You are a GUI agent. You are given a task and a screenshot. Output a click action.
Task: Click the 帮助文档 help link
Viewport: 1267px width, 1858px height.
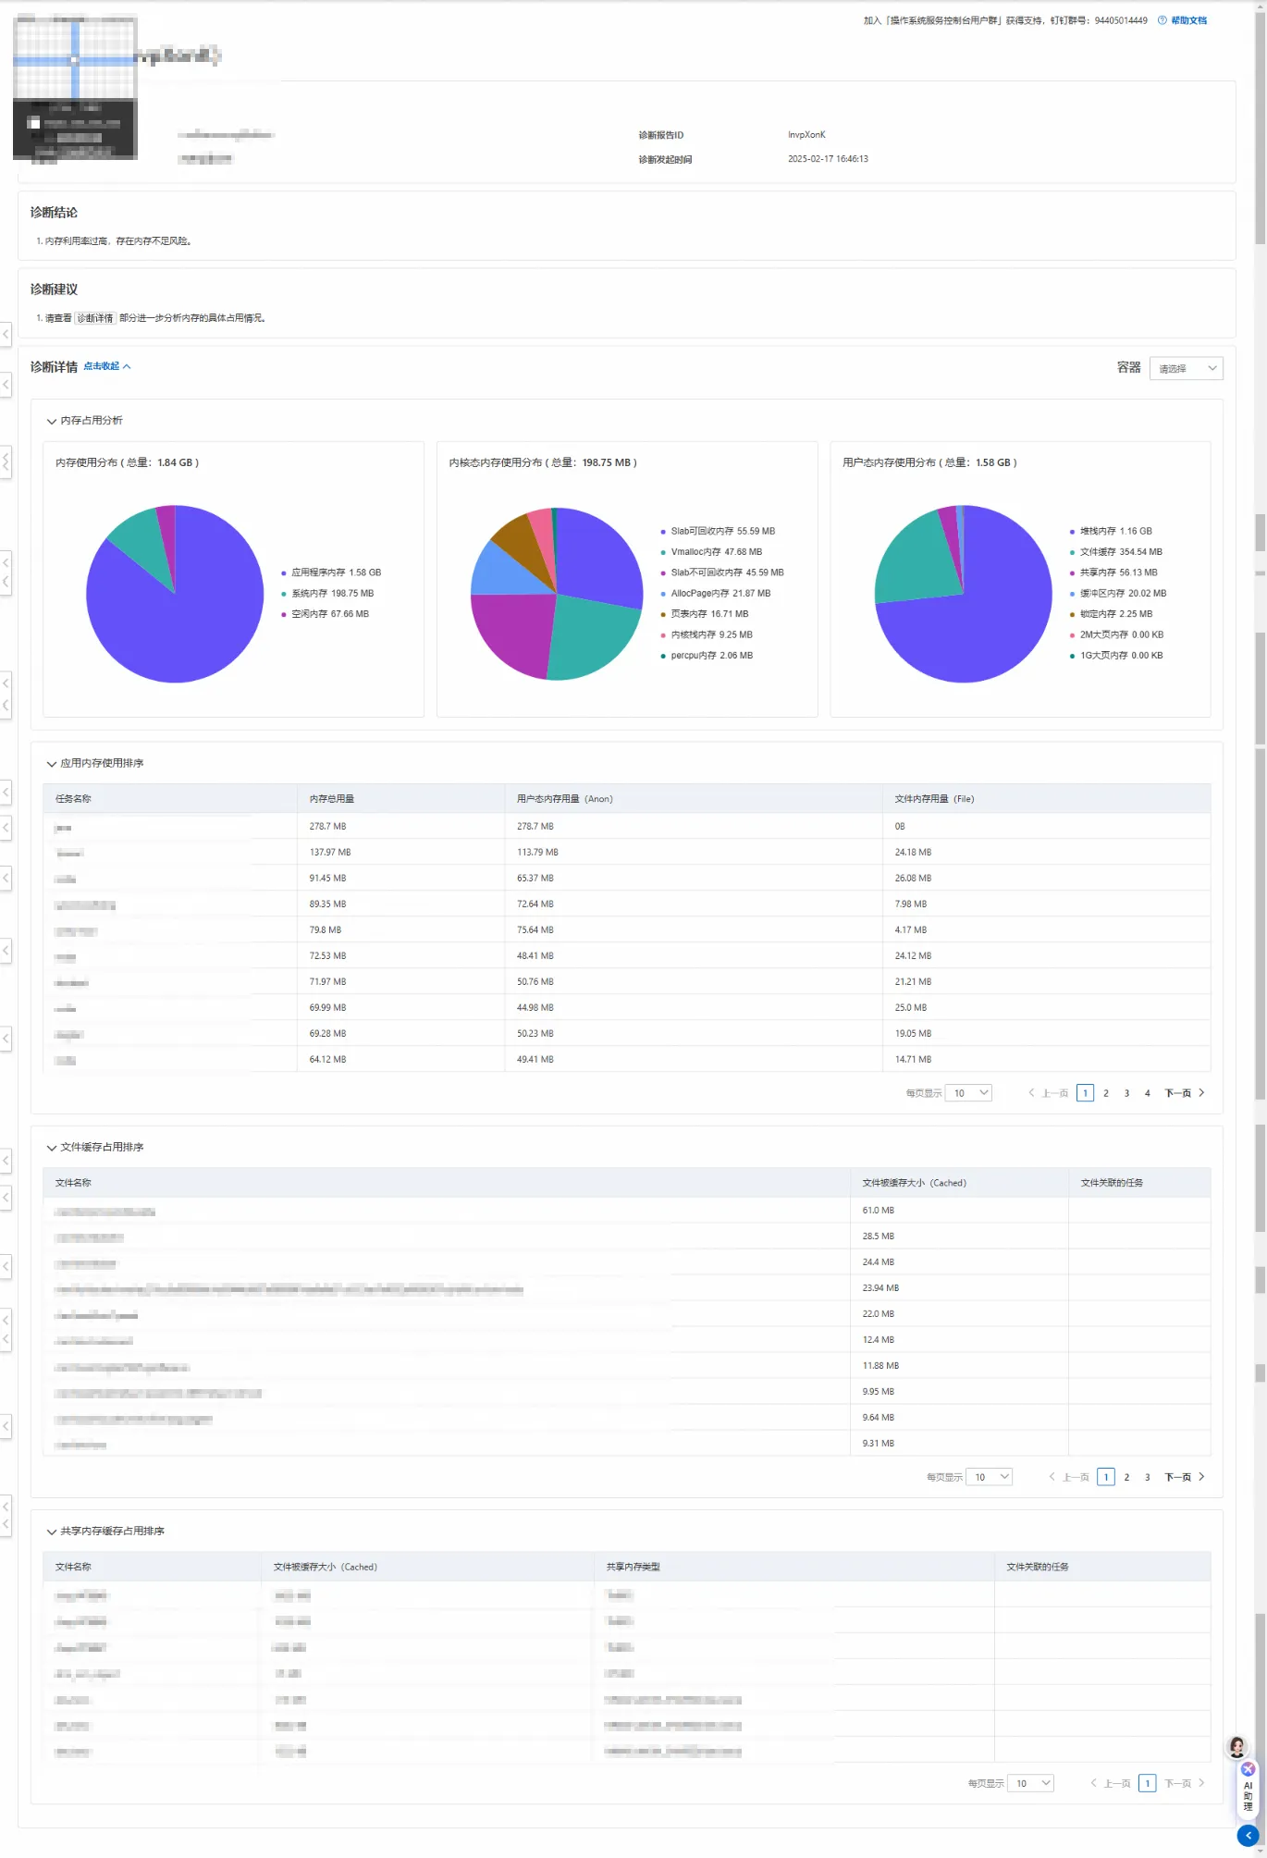[1188, 20]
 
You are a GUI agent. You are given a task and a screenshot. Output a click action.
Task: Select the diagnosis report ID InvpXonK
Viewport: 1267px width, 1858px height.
[806, 135]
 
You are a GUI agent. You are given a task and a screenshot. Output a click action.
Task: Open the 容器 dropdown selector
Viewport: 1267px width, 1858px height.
[1186, 368]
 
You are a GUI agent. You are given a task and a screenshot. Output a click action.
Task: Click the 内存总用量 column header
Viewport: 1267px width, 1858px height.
[332, 799]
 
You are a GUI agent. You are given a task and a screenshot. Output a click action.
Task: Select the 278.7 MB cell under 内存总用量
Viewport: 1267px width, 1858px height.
[327, 826]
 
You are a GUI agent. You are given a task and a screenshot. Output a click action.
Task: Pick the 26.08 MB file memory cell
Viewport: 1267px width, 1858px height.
[913, 878]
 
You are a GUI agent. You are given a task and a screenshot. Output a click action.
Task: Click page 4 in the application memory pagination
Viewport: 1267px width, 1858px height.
[1148, 1093]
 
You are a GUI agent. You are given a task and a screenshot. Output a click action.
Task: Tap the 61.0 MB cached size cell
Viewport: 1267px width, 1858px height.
[878, 1210]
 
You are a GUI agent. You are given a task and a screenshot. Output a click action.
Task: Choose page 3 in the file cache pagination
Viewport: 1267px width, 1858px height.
[1148, 1477]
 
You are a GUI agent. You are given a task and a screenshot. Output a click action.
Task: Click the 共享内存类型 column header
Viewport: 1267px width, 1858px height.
[633, 1567]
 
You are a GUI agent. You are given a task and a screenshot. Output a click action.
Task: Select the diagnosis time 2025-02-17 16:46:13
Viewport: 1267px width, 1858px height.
[828, 159]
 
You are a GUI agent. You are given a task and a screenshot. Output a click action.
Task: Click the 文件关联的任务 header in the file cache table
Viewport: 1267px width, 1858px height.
[1112, 1183]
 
